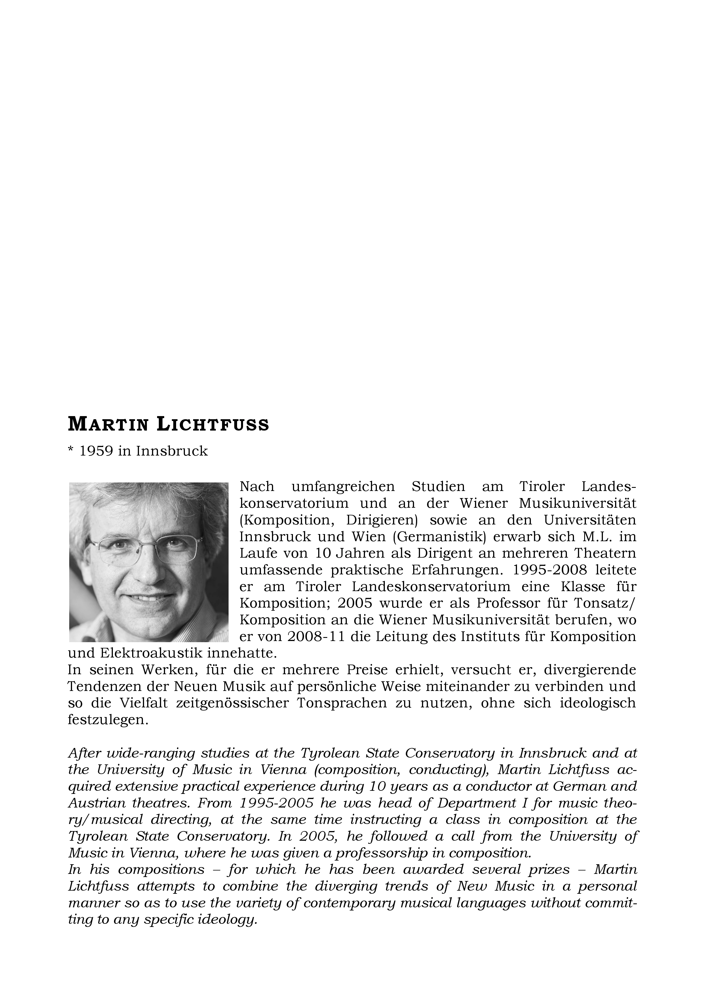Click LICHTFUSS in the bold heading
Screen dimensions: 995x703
coord(213,425)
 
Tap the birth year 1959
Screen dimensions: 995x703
coord(96,451)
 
